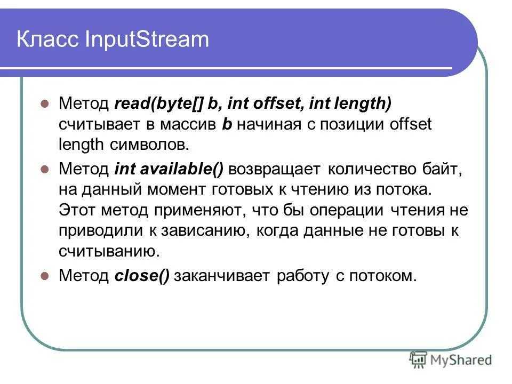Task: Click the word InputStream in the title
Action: (x=147, y=40)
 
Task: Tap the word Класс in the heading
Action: (x=48, y=40)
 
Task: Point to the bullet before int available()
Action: (x=45, y=169)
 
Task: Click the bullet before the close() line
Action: (x=45, y=276)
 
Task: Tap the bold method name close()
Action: (x=142, y=276)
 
